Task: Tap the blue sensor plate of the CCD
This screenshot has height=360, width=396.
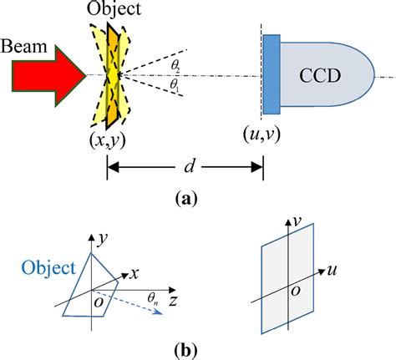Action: coord(272,76)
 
